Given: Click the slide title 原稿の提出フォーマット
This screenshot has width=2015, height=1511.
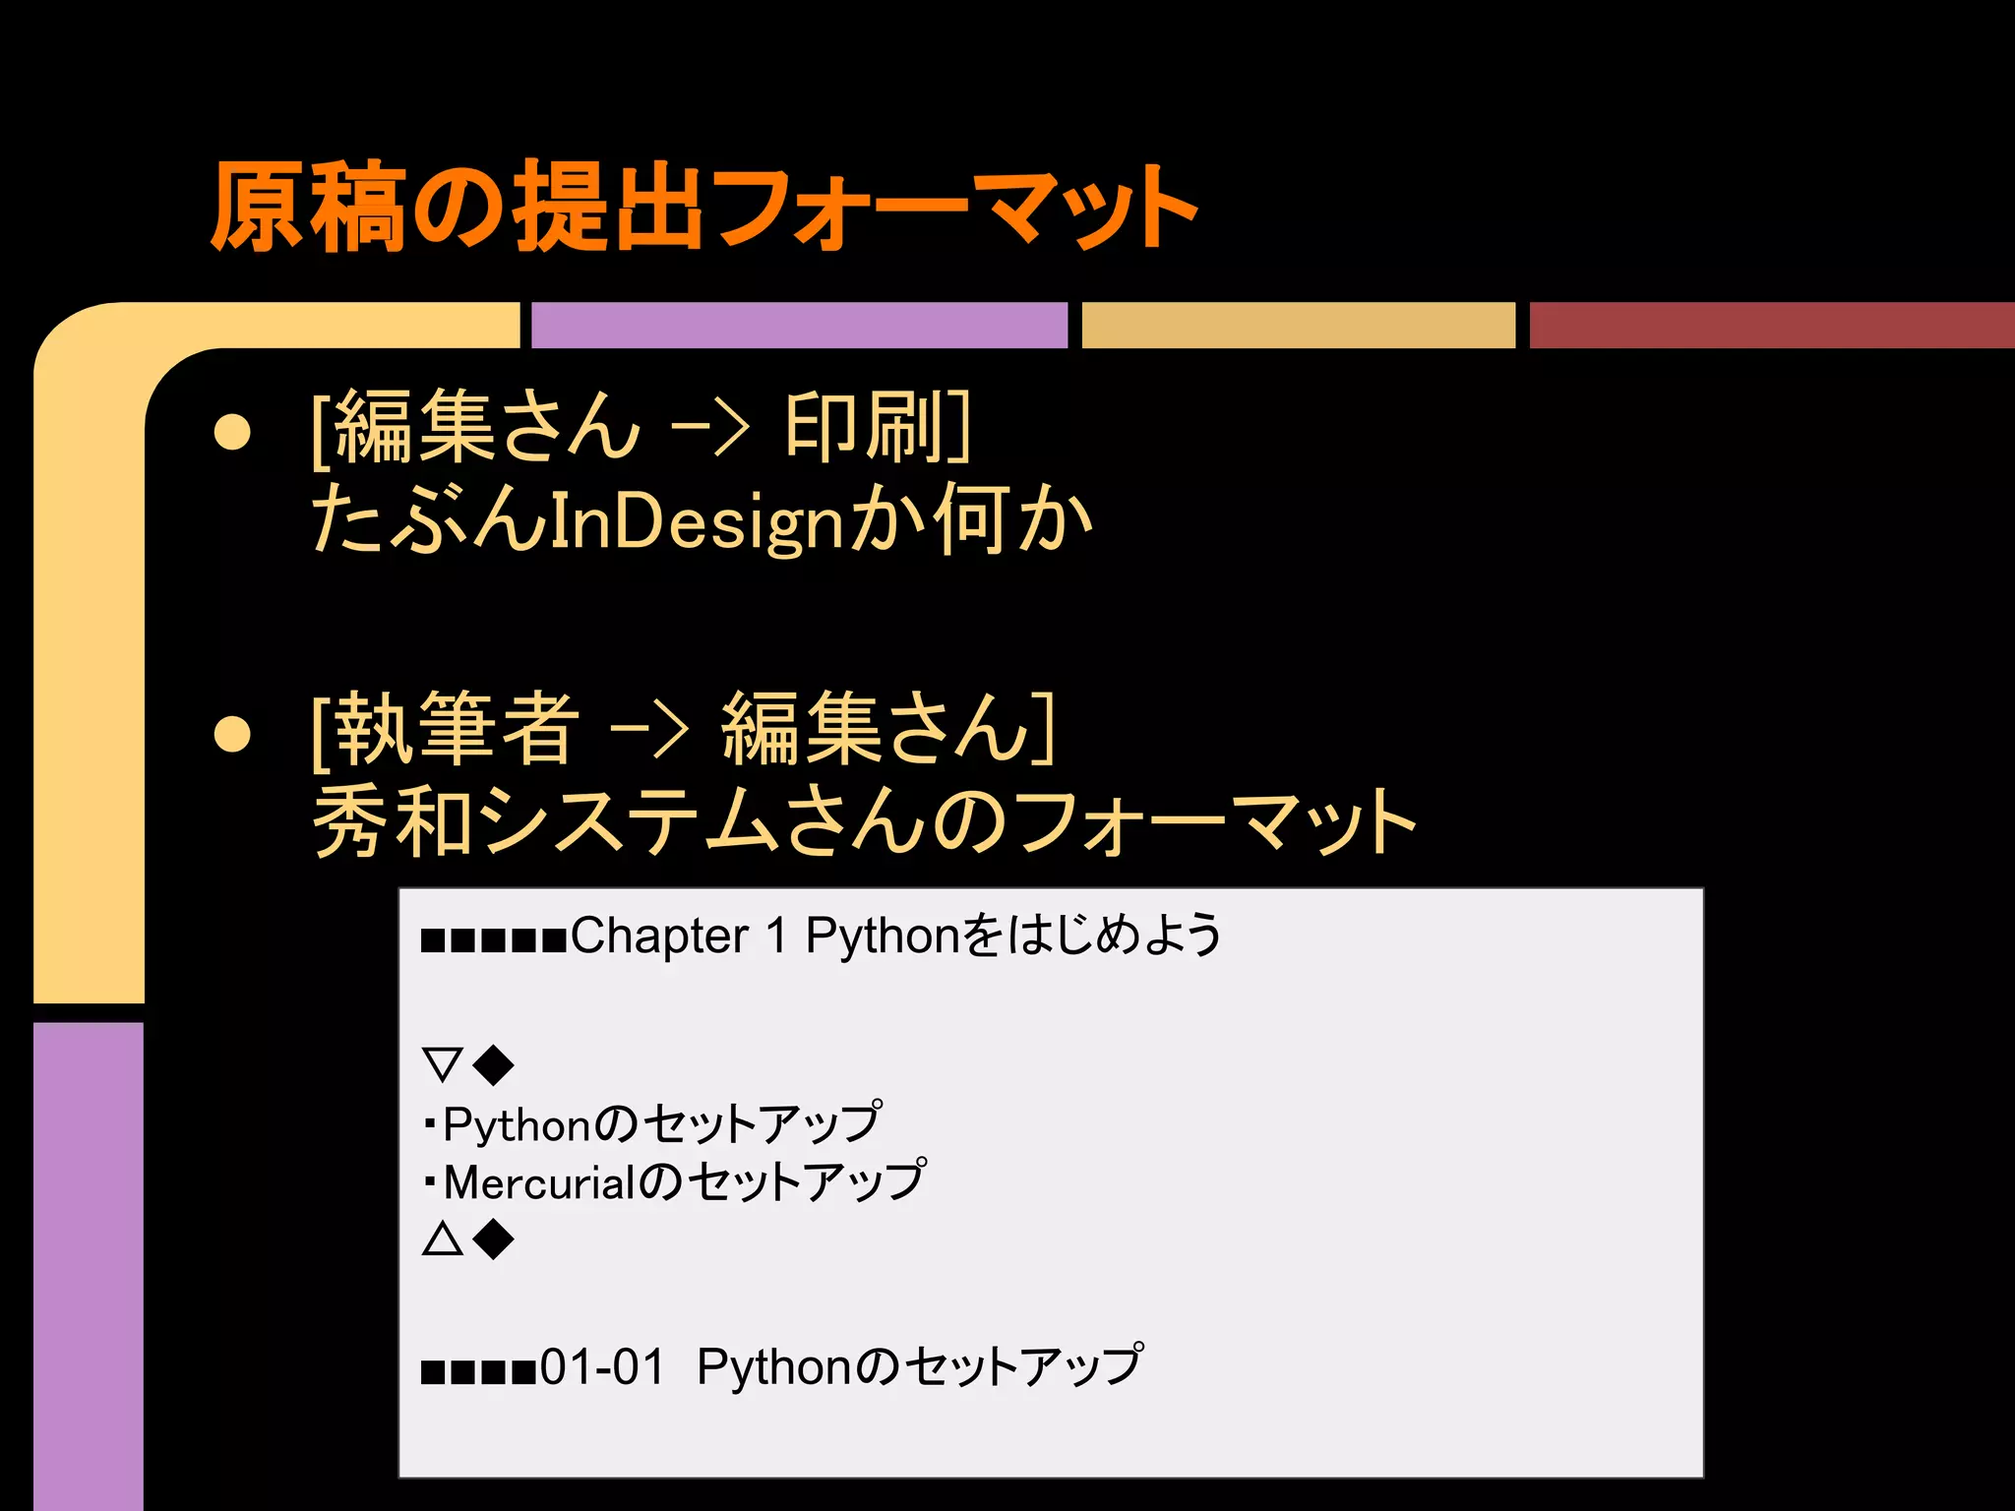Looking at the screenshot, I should pos(703,207).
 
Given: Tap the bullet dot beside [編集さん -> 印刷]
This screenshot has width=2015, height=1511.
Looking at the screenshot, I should pos(232,431).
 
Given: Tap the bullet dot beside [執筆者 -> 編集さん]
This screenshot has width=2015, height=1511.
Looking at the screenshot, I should pos(232,733).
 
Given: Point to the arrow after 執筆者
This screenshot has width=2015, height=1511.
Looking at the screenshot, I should pos(648,731).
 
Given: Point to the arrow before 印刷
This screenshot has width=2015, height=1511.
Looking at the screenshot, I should pos(709,429).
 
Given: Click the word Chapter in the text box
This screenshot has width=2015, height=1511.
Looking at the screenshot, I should pos(659,936).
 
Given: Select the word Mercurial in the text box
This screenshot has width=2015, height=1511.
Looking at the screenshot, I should pos(539,1182).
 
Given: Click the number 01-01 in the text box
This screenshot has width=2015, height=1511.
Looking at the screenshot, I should pos(602,1367).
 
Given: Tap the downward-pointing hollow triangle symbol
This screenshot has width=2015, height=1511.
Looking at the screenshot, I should pos(442,1064).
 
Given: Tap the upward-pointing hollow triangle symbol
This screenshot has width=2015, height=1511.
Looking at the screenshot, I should pos(442,1239).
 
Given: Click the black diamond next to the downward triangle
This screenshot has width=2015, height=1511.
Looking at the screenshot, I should pos(493,1064).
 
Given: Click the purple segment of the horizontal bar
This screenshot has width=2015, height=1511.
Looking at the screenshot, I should pos(799,326).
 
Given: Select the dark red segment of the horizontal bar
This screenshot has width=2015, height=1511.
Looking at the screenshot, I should pos(1771,326).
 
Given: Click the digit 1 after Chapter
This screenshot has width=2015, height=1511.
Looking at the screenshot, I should pos(777,936).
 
